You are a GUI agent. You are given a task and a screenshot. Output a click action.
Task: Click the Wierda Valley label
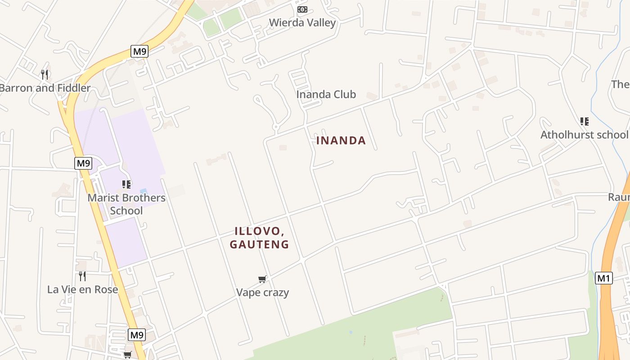(x=302, y=22)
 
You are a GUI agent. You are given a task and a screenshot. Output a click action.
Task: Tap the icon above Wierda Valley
(x=302, y=9)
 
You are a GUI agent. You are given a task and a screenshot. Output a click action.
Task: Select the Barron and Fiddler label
(x=45, y=88)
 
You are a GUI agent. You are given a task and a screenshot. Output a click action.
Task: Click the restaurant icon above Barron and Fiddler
(x=45, y=74)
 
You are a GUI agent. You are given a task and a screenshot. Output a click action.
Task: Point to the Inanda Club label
(x=326, y=94)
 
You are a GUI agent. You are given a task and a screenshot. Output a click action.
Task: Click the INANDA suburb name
(x=341, y=140)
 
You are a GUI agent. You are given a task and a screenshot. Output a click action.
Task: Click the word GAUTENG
(x=259, y=244)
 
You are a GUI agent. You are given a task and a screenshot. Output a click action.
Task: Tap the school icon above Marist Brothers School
(x=126, y=184)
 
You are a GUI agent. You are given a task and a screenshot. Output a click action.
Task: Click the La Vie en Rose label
(x=83, y=289)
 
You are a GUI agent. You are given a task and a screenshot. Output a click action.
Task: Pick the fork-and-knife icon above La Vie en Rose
(x=82, y=276)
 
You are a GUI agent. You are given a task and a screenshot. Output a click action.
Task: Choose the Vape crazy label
(x=263, y=292)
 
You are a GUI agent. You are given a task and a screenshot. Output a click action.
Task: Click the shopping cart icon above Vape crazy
(x=262, y=279)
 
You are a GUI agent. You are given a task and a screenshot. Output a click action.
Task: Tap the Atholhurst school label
(x=584, y=135)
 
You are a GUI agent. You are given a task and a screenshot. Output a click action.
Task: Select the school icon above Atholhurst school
(x=584, y=121)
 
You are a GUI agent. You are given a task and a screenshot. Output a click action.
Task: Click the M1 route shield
(x=603, y=278)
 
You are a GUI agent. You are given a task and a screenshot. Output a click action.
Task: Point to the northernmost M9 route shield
(x=139, y=51)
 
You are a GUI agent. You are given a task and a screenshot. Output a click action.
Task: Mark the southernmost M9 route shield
(x=137, y=335)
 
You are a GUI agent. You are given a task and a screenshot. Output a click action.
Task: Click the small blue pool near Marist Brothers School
(x=143, y=191)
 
